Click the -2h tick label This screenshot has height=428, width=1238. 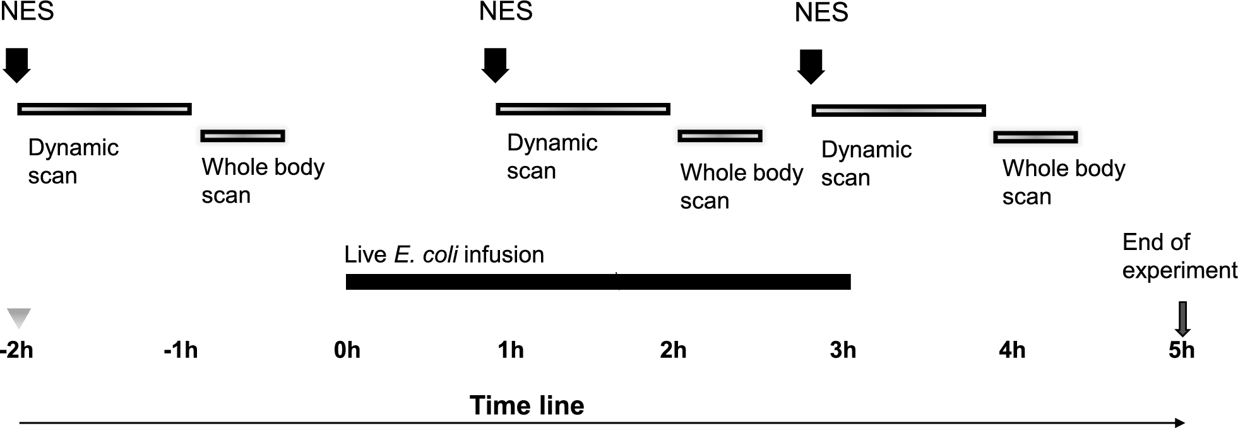17,350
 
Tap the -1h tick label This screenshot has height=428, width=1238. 181,350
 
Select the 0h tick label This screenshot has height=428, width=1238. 347,350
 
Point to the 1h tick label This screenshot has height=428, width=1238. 511,350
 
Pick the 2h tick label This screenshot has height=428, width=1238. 673,350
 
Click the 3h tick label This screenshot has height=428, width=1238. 843,350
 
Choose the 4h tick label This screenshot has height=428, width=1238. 1012,350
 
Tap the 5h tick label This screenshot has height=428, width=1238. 1182,350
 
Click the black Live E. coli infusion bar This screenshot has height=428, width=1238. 598,282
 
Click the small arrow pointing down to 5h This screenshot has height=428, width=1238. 1182,319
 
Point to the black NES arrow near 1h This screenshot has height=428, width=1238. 495,66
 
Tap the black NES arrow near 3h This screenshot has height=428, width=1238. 811,67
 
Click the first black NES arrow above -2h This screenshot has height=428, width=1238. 16,66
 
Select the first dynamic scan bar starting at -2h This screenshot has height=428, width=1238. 104,109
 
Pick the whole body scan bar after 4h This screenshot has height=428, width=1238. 1035,137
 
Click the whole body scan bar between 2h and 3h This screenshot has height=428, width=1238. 720,136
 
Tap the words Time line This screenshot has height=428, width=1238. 527,405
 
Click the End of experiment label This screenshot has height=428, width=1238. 1179,256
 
